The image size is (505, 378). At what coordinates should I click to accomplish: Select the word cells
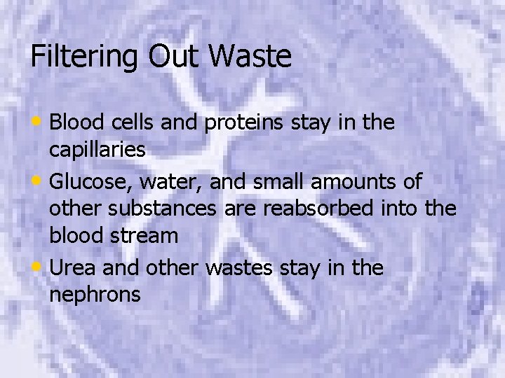click(x=132, y=123)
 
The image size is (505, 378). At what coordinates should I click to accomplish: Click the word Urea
click(x=74, y=268)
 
